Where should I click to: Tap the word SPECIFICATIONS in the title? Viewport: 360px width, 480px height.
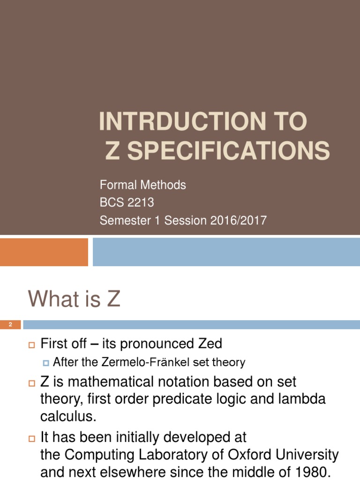pos(228,151)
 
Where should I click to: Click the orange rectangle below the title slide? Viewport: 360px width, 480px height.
pos(44,252)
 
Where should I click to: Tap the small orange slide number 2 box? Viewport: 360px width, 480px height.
pos(10,324)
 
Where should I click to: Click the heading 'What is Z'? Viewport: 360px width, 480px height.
pos(74,299)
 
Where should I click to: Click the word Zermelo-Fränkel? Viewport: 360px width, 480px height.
pos(152,362)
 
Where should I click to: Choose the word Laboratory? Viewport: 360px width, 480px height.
pos(178,454)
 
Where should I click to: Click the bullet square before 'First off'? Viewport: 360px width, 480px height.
pos(32,345)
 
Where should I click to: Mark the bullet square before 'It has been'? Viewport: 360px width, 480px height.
pos(32,438)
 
